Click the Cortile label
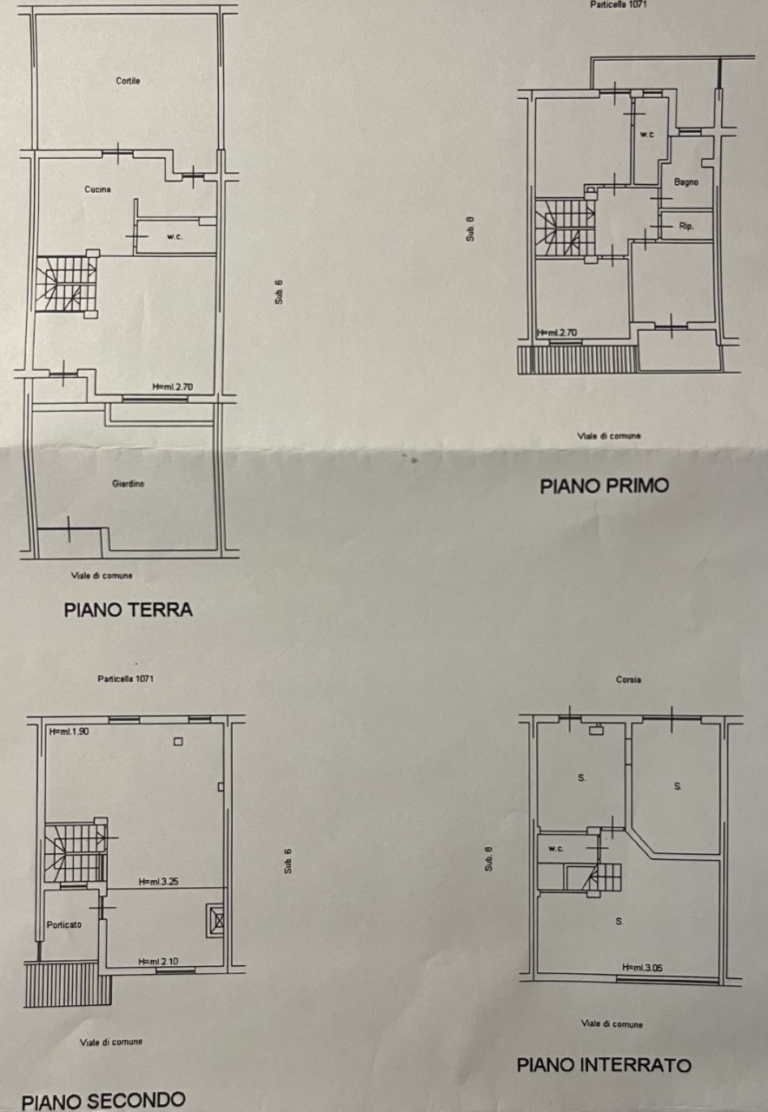[x=128, y=81]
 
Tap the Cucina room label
[x=97, y=189]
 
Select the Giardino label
[x=128, y=484]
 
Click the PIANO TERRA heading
[x=128, y=610]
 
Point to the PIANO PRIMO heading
[x=604, y=486]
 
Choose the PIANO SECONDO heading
[x=103, y=1100]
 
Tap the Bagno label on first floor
[x=686, y=182]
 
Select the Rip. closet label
[x=686, y=226]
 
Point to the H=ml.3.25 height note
[x=158, y=882]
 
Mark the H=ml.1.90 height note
[x=69, y=731]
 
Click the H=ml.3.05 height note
[x=642, y=968]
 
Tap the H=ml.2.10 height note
[x=158, y=962]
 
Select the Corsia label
[x=628, y=679]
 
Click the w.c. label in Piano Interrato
[x=556, y=849]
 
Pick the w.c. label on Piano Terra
[x=175, y=237]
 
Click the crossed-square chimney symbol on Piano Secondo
[x=215, y=919]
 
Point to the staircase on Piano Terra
[x=67, y=284]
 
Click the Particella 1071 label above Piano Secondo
[x=126, y=678]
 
